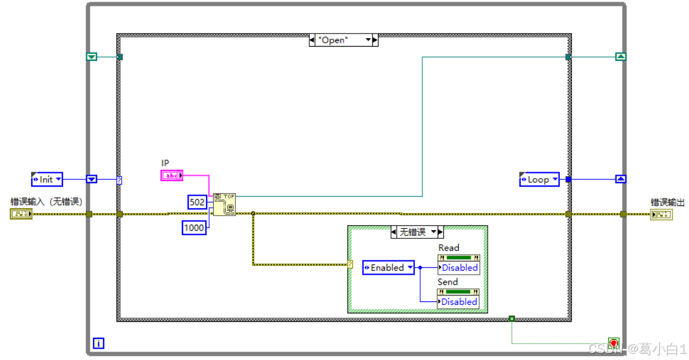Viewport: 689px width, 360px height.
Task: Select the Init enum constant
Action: pos(47,180)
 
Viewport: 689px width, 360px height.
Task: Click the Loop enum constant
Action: pos(539,180)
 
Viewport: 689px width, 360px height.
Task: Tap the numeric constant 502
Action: pos(197,202)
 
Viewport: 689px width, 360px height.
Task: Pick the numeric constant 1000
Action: pos(194,228)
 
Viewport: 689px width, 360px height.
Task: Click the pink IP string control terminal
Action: pos(172,176)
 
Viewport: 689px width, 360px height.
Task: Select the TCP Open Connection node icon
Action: pos(224,204)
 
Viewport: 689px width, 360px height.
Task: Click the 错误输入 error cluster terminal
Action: pos(21,214)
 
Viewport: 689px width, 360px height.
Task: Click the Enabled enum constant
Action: pos(388,268)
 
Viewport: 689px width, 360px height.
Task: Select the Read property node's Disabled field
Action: pos(459,268)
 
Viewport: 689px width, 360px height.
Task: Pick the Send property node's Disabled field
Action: pos(459,302)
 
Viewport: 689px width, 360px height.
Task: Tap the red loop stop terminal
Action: pos(613,344)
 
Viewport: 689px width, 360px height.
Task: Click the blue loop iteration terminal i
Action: pos(99,343)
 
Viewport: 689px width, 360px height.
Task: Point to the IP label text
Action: pos(165,163)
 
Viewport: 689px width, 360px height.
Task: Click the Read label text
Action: pos(449,248)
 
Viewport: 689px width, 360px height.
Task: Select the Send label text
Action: pos(447,282)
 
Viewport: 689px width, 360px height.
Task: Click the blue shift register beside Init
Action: pos(92,180)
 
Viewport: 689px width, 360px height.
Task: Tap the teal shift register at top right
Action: pos(621,56)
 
